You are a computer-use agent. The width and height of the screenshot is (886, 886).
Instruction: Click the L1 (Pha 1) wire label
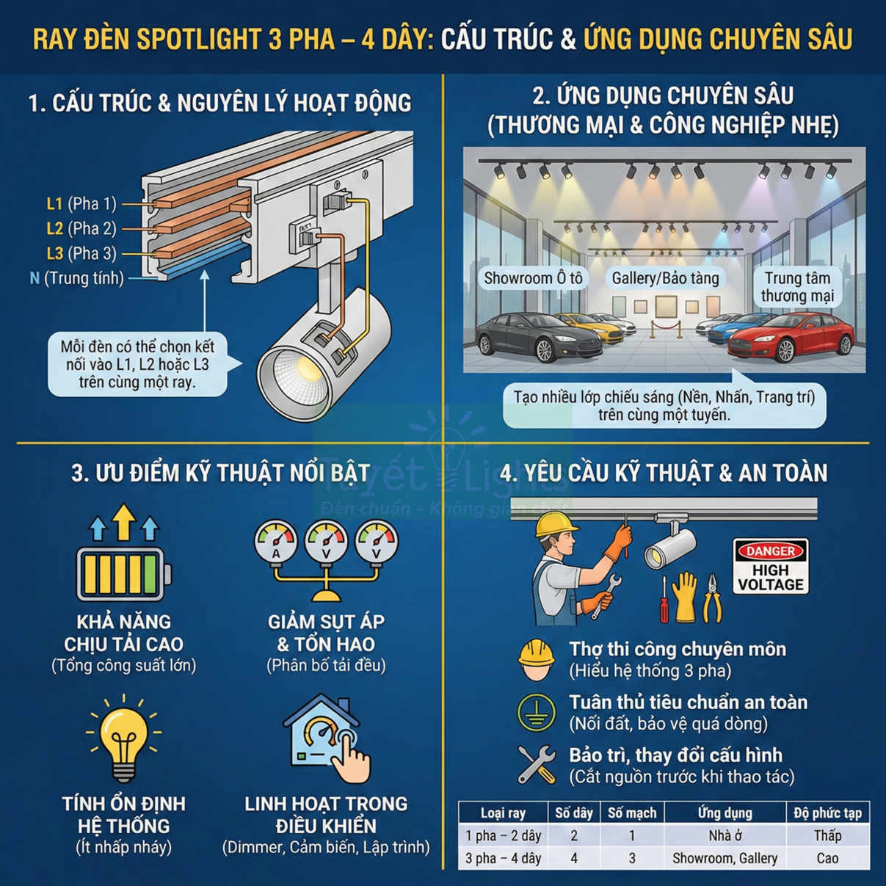(x=81, y=203)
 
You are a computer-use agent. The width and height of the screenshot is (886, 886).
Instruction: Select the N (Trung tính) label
(x=76, y=278)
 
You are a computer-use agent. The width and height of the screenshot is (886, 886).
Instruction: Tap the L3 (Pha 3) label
(x=81, y=253)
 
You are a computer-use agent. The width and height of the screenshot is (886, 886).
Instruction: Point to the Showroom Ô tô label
(x=533, y=278)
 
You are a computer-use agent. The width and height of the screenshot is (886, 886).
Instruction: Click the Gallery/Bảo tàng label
(x=665, y=278)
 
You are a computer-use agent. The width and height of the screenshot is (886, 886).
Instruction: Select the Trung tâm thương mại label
(x=796, y=287)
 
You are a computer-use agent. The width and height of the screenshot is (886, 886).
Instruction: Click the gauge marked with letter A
(x=275, y=543)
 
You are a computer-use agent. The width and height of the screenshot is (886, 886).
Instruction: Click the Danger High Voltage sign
(x=770, y=566)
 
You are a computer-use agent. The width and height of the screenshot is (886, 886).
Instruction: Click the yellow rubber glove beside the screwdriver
(x=684, y=597)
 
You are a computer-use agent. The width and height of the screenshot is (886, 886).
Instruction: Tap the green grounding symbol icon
(x=536, y=712)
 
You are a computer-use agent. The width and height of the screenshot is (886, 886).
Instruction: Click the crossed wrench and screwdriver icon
(x=537, y=765)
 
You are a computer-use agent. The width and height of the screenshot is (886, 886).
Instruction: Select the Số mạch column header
(x=631, y=813)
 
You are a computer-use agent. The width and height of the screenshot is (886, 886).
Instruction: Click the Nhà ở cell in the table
(x=725, y=835)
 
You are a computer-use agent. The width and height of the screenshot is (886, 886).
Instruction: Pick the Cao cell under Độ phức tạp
(x=827, y=858)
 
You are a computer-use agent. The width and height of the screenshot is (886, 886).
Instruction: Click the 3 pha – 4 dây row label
(x=503, y=858)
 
